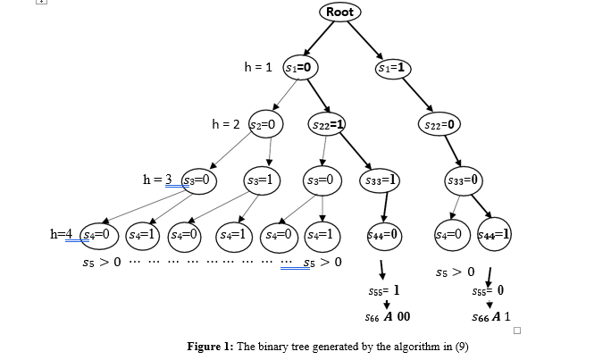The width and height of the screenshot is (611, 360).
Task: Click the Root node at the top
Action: tap(339, 12)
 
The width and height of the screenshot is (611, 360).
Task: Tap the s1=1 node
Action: tap(393, 67)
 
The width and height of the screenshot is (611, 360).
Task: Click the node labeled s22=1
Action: tap(328, 124)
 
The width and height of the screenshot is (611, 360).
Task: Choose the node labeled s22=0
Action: tap(439, 124)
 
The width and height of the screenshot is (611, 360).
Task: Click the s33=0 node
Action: tap(463, 180)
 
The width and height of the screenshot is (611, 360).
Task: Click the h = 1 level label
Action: tap(259, 67)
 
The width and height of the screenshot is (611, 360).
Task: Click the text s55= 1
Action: tap(384, 291)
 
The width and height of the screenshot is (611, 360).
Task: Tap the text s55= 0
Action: tap(488, 291)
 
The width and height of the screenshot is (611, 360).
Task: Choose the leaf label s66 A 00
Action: tap(388, 317)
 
